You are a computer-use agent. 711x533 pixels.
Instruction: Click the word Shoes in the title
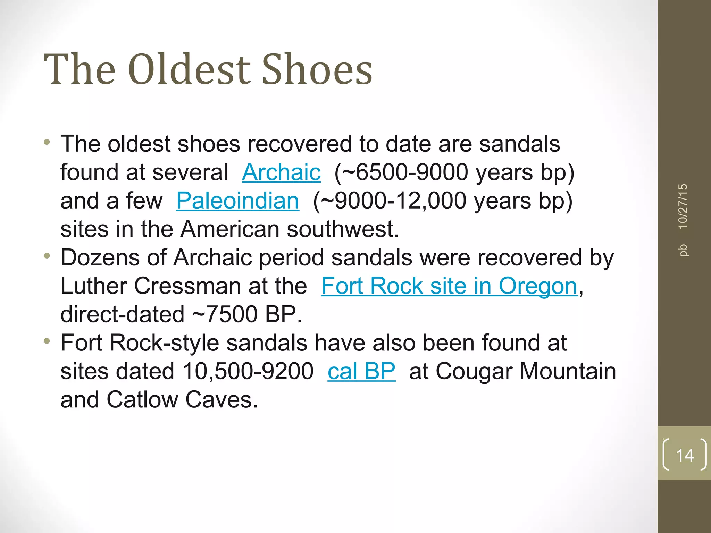pyautogui.click(x=317, y=69)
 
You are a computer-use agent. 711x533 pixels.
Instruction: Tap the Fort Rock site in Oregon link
pyautogui.click(x=449, y=286)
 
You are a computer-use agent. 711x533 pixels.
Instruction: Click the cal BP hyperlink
pyautogui.click(x=361, y=371)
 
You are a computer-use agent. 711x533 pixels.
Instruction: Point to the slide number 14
pyautogui.click(x=685, y=455)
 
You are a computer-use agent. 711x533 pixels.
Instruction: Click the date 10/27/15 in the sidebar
pyautogui.click(x=683, y=206)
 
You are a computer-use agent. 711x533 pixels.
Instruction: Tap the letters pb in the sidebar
pyautogui.click(x=683, y=250)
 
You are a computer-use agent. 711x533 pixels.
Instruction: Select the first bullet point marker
pyautogui.click(x=47, y=142)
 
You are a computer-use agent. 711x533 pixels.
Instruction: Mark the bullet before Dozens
pyautogui.click(x=47, y=256)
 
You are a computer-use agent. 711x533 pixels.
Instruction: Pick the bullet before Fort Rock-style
pyautogui.click(x=47, y=341)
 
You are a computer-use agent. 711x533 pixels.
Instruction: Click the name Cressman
pyautogui.click(x=187, y=286)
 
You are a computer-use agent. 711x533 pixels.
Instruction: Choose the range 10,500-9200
pyautogui.click(x=248, y=371)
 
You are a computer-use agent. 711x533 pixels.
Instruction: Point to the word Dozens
pyautogui.click(x=100, y=257)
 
